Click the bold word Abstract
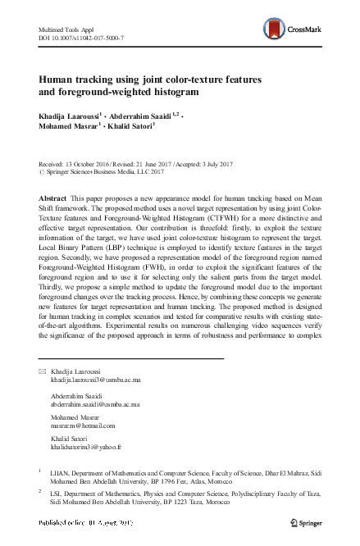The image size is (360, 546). click(55, 200)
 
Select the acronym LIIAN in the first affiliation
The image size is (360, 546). click(62, 473)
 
